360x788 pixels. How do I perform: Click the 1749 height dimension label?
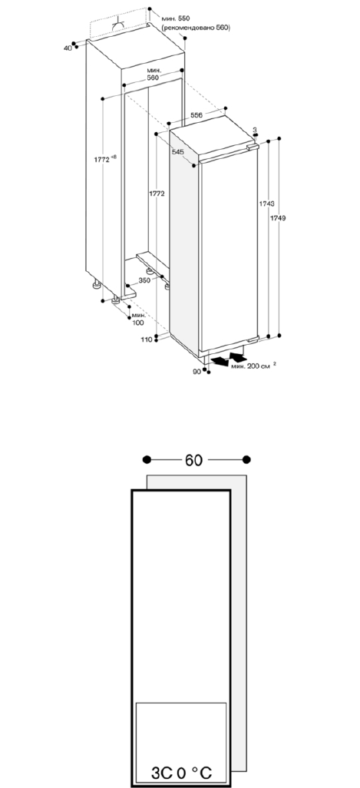(x=278, y=218)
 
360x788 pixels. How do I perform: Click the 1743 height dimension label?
(x=266, y=204)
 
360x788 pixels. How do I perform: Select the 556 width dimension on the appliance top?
(x=197, y=115)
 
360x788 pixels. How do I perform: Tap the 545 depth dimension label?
(x=177, y=151)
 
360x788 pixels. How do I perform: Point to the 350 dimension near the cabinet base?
(x=144, y=280)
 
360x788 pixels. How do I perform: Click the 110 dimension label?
(x=146, y=339)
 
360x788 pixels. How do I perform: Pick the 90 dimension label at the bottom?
(x=197, y=372)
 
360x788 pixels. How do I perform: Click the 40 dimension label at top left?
(x=68, y=48)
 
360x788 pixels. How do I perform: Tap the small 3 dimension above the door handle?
(x=255, y=130)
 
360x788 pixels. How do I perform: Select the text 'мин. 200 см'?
(x=250, y=366)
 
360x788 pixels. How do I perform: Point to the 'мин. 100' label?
(x=138, y=319)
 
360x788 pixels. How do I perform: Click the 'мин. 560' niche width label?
(x=153, y=74)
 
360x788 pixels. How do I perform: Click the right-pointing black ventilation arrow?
(x=238, y=357)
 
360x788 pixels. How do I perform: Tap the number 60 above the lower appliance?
(x=193, y=460)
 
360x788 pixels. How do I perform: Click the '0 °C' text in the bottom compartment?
(x=194, y=773)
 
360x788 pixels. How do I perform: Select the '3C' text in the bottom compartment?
(x=162, y=773)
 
